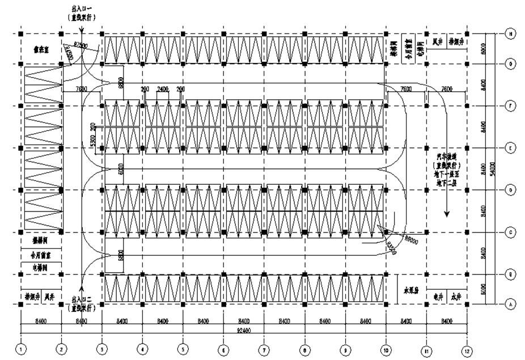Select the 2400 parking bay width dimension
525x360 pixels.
(x=163, y=90)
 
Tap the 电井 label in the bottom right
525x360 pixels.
(x=437, y=295)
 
